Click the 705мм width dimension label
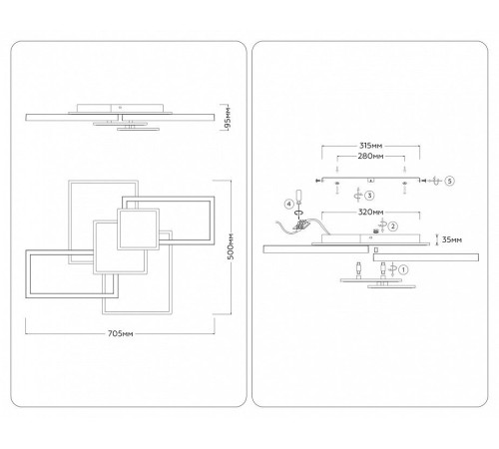point(121,333)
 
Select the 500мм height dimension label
point(232,246)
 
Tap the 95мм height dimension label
point(228,118)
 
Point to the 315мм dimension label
point(370,146)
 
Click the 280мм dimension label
point(370,156)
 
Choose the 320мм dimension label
point(370,212)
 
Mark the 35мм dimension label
point(452,239)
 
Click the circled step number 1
point(403,269)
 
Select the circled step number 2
point(393,226)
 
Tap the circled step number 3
point(369,196)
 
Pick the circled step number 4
point(288,204)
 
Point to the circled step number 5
point(449,181)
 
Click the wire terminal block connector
point(301,224)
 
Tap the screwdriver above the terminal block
point(299,199)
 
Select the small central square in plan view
point(138,229)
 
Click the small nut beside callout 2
point(376,231)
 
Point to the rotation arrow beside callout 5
point(435,181)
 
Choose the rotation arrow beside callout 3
point(358,195)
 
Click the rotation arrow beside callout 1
point(393,269)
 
